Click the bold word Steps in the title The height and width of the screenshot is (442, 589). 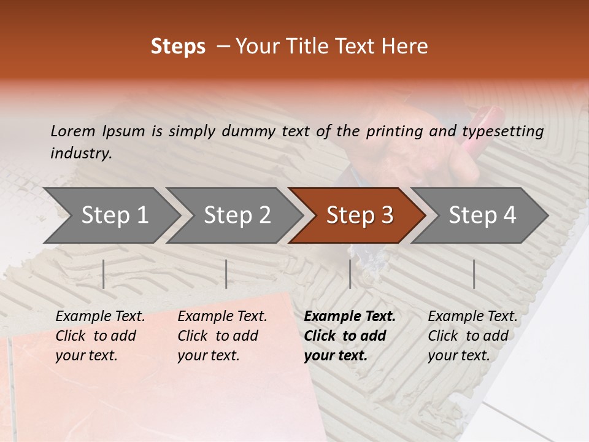[178, 47]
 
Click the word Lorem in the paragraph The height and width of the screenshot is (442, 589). [72, 131]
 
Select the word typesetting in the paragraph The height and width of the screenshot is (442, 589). [502, 131]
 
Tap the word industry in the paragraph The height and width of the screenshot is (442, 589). [81, 153]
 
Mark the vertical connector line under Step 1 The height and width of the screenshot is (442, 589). [104, 274]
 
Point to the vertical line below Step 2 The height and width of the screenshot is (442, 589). [226, 274]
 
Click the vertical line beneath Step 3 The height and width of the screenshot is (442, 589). [350, 274]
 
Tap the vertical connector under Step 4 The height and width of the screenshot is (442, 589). [474, 274]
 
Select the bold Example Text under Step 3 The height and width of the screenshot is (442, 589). [350, 317]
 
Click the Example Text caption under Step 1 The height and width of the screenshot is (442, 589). [100, 317]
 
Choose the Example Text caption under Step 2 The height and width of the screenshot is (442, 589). [222, 317]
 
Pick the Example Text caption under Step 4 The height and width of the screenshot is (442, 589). [472, 317]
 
